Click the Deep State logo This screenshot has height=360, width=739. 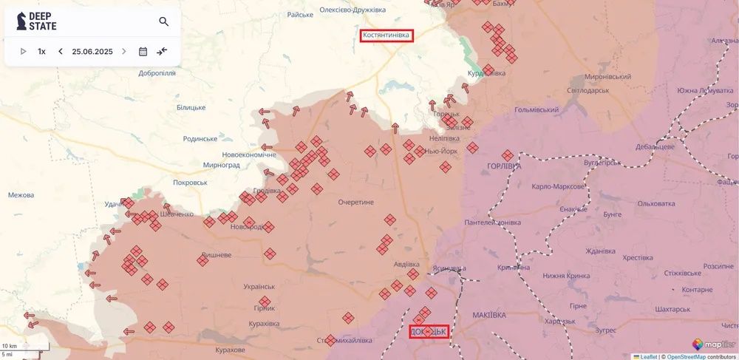(x=37, y=21)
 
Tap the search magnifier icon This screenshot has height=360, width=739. (x=163, y=21)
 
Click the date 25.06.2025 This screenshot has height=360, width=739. (x=92, y=52)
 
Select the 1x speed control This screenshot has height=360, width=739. (x=42, y=52)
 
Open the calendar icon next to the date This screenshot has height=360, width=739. (x=143, y=52)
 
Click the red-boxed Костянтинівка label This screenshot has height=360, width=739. (x=386, y=35)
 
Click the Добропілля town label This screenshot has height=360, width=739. (x=157, y=73)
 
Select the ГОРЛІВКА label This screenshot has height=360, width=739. (x=505, y=166)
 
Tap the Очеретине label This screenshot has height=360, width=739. (x=357, y=202)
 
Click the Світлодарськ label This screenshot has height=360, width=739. (x=588, y=90)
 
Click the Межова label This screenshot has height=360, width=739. (x=21, y=195)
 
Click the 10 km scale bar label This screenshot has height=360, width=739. (x=10, y=346)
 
